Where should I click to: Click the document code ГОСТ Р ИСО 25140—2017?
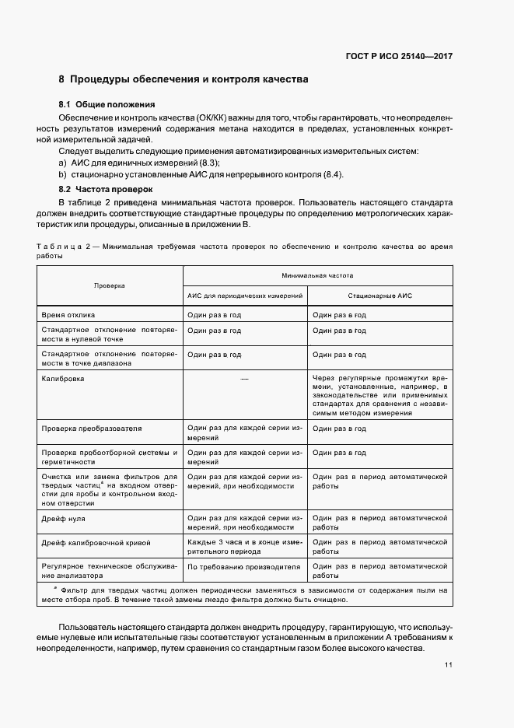400,57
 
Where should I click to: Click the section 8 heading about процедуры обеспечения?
184,79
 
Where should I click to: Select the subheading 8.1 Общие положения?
107,104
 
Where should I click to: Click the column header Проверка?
110,286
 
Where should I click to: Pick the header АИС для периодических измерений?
245,297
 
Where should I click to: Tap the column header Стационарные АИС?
379,297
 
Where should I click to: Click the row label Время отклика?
68,315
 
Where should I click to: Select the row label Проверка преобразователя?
92,429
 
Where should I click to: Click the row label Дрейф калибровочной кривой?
96,542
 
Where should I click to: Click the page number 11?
449,665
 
